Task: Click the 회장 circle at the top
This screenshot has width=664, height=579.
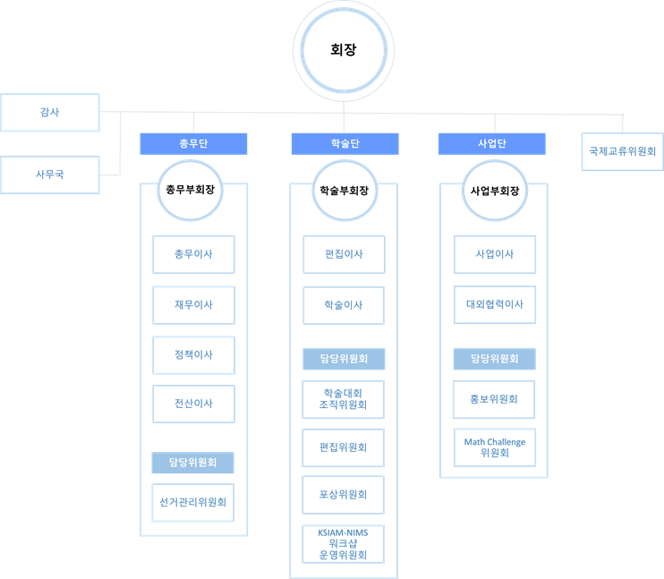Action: [344, 50]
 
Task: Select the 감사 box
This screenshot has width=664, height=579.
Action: [50, 112]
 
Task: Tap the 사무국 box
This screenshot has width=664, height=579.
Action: [50, 175]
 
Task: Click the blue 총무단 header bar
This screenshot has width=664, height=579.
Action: [193, 143]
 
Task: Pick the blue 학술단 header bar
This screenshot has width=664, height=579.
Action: [345, 143]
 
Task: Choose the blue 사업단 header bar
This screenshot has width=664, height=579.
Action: [491, 143]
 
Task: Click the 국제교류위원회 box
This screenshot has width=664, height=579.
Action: [623, 151]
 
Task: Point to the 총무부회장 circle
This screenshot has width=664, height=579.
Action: [190, 191]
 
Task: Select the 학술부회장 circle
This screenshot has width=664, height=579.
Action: [345, 191]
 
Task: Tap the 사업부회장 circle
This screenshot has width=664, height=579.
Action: [495, 191]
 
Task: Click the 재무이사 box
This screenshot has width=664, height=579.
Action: [193, 305]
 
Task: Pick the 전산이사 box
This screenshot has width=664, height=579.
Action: [193, 404]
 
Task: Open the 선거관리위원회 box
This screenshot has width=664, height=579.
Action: [193, 502]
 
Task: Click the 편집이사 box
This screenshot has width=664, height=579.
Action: [344, 254]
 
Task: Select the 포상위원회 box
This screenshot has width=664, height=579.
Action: [343, 495]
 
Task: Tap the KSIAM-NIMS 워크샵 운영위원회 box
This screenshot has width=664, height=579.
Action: [343, 544]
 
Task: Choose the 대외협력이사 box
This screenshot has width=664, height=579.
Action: [495, 304]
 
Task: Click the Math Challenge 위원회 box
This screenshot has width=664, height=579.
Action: [495, 447]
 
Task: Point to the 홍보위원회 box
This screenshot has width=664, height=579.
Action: [494, 399]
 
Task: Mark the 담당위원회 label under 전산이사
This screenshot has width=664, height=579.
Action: [192, 463]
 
